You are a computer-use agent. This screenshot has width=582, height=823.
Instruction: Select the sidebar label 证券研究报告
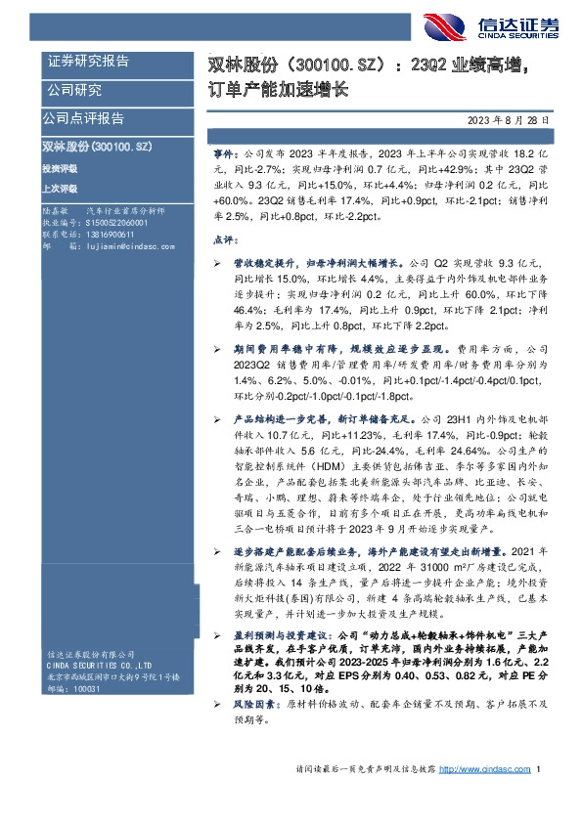pyautogui.click(x=89, y=62)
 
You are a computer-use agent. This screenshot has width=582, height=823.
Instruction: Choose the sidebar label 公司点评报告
pyautogui.click(x=83, y=119)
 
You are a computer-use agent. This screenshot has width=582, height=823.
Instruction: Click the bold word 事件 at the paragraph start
pyautogui.click(x=224, y=154)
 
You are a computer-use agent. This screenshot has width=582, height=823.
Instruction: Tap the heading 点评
pyautogui.click(x=224, y=239)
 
